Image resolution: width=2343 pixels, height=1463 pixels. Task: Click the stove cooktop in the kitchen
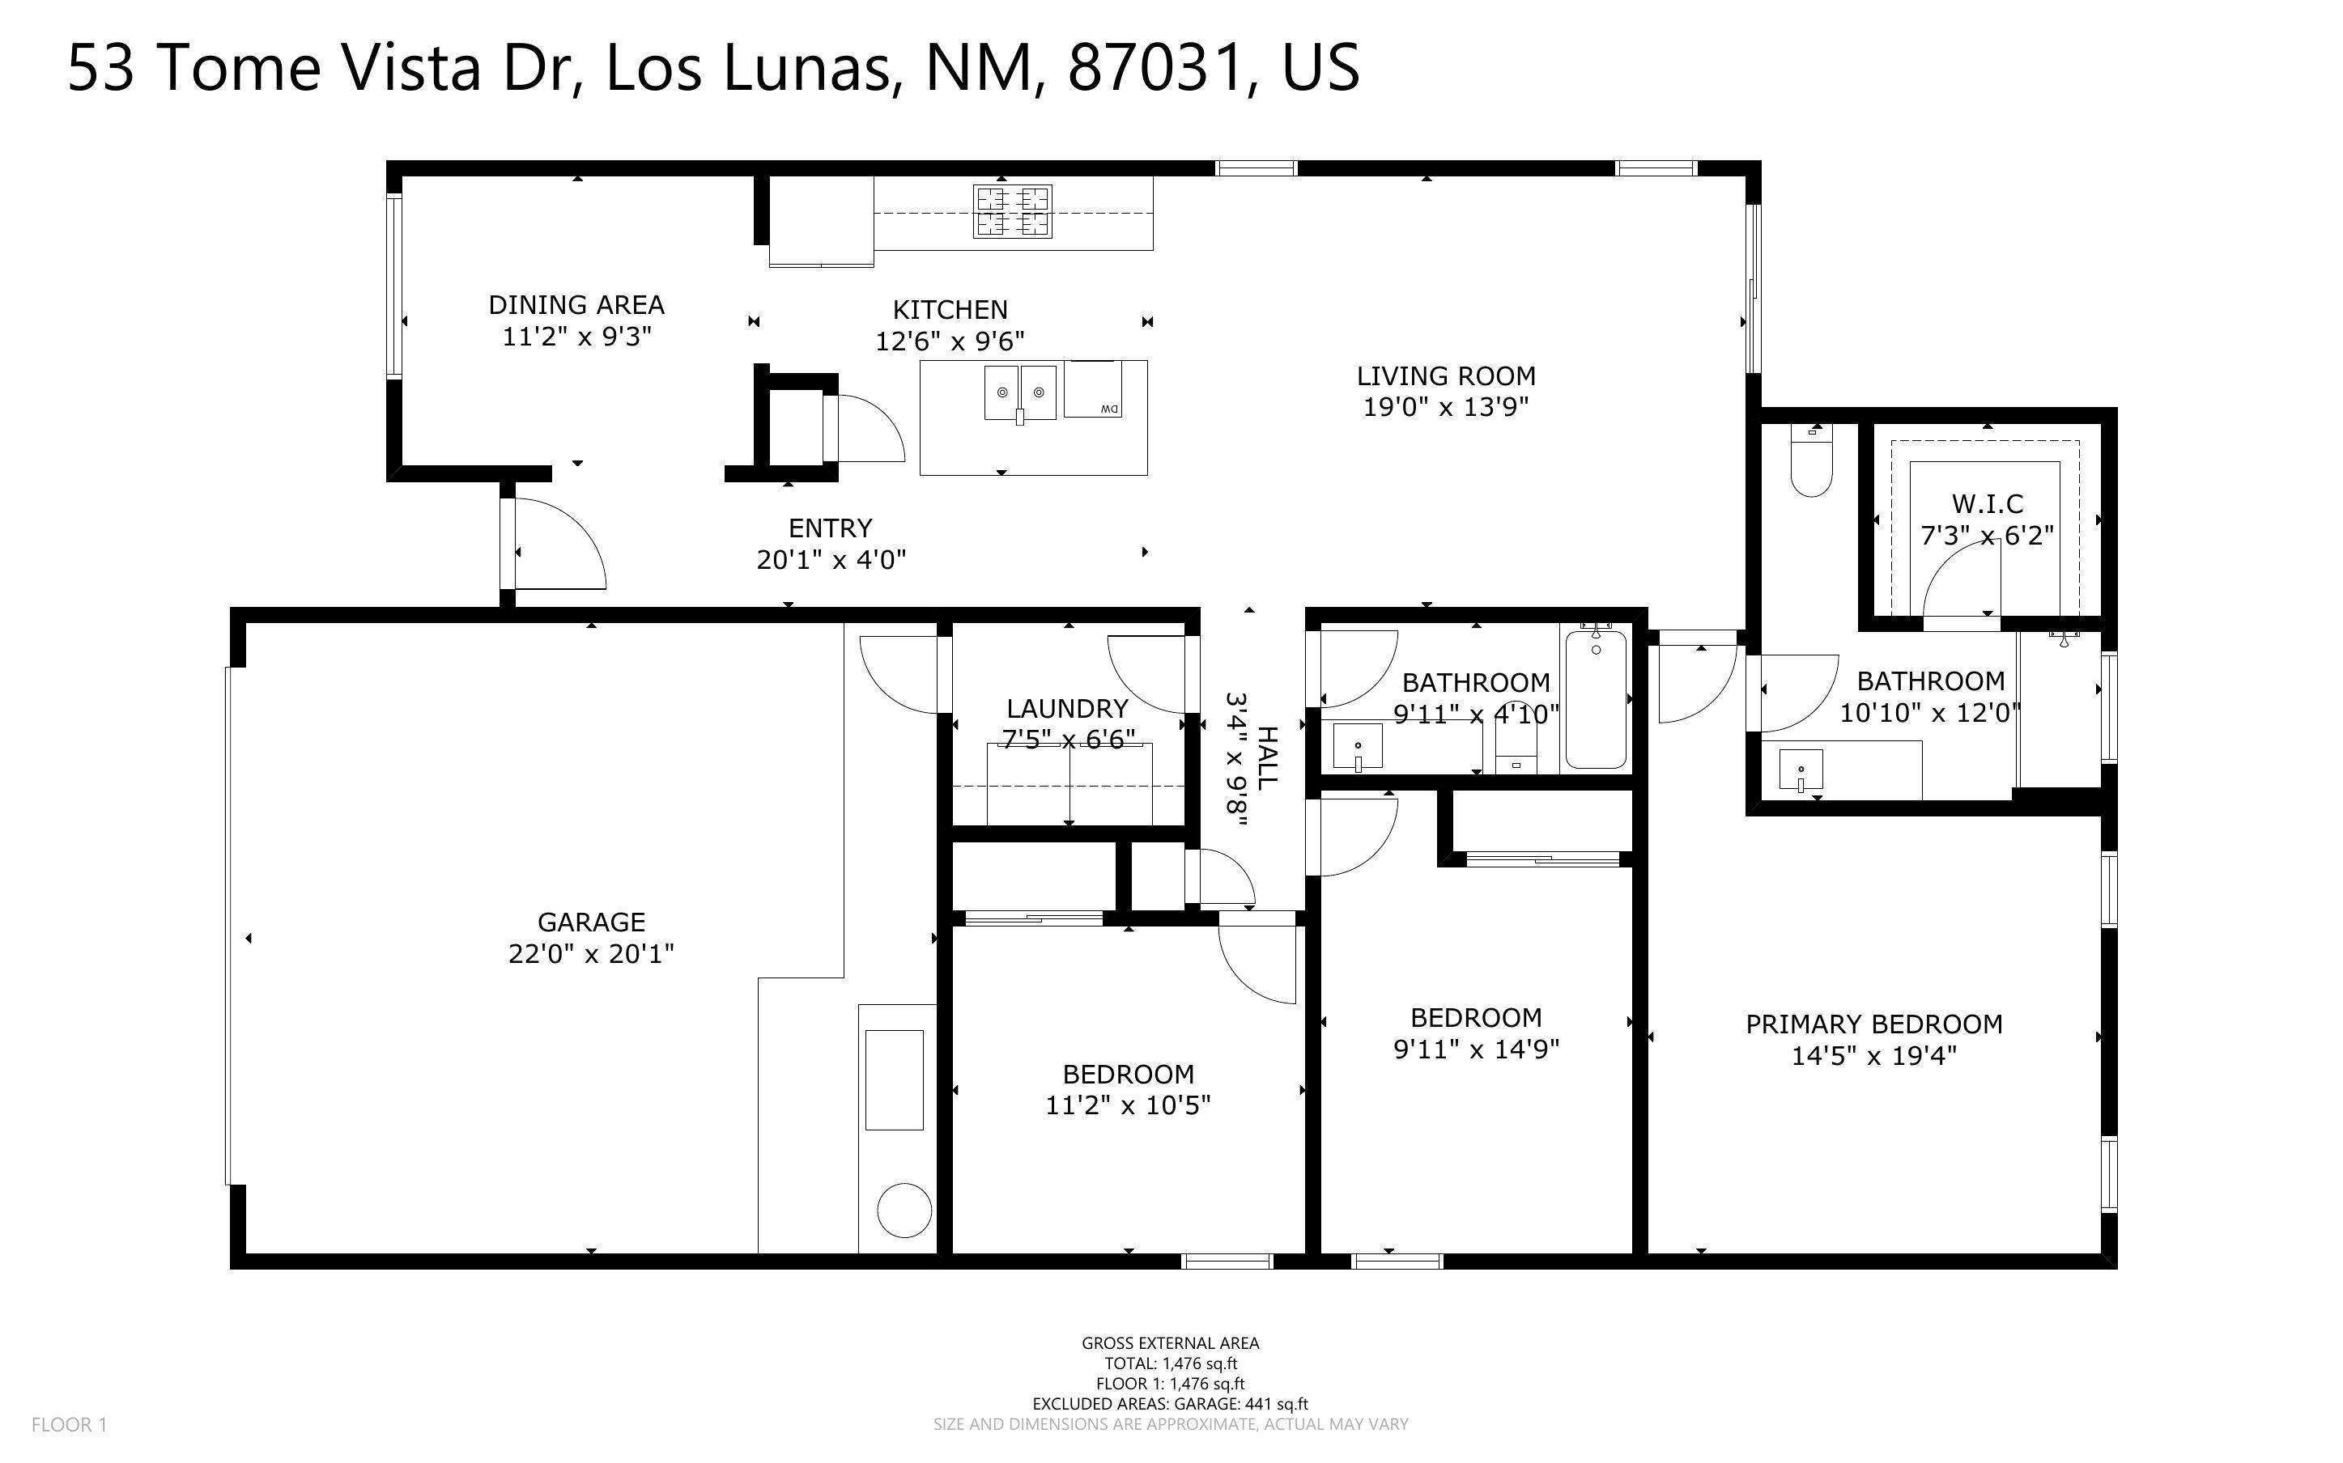click(1012, 212)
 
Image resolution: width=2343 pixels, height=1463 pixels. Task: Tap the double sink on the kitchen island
click(1020, 392)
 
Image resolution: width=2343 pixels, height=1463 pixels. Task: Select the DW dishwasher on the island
click(1093, 389)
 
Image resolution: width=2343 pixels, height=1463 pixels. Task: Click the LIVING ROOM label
click(1445, 375)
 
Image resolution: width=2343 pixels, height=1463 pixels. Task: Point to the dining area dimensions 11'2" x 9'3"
click(576, 337)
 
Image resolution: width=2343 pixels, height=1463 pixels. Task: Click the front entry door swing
click(559, 544)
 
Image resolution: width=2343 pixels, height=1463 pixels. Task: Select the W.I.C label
click(1986, 503)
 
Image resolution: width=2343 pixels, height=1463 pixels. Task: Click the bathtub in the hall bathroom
click(1595, 698)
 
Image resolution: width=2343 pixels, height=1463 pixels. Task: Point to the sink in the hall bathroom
click(1358, 746)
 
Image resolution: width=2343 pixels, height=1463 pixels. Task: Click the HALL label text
click(1266, 757)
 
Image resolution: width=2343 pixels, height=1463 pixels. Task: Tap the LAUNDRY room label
click(1067, 708)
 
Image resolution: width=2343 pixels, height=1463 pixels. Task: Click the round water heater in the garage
click(904, 1210)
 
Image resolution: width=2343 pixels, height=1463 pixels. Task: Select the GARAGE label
click(590, 922)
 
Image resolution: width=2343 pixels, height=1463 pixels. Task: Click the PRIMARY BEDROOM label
click(1873, 1024)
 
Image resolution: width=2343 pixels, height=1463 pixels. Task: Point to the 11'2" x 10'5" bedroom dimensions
click(1128, 1105)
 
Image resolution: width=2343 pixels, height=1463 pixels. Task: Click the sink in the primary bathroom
click(1800, 771)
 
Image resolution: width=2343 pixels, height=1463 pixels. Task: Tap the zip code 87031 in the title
click(1154, 68)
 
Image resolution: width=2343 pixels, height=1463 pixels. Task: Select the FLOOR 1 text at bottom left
click(69, 1424)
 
